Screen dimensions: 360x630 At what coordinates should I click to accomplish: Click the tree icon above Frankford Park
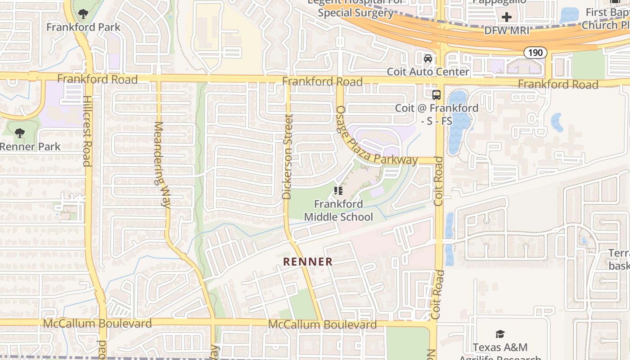pyautogui.click(x=83, y=14)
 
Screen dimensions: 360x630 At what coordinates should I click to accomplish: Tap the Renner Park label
pyautogui.click(x=30, y=147)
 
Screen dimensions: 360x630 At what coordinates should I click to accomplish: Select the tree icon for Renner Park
pyautogui.click(x=19, y=133)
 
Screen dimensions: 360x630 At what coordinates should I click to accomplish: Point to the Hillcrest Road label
pyautogui.click(x=87, y=131)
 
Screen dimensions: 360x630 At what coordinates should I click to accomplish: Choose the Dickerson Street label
pyautogui.click(x=287, y=157)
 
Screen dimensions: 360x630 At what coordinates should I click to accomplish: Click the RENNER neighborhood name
pyautogui.click(x=308, y=261)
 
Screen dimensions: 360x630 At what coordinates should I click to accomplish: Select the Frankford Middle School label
pyautogui.click(x=338, y=211)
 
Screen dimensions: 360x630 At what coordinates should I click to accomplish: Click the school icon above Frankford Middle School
pyautogui.click(x=338, y=191)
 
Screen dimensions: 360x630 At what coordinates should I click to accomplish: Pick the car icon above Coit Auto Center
pyautogui.click(x=428, y=58)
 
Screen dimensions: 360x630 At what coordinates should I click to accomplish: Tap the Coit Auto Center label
pyautogui.click(x=428, y=72)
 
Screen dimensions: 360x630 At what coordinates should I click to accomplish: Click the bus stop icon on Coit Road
pyautogui.click(x=436, y=95)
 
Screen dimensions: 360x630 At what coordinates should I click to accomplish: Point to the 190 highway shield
pyautogui.click(x=535, y=53)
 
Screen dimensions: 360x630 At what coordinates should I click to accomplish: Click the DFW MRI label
pyautogui.click(x=507, y=31)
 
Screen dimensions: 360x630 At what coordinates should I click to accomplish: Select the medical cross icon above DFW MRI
pyautogui.click(x=507, y=18)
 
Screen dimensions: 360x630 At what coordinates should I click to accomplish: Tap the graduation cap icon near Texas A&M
pyautogui.click(x=500, y=334)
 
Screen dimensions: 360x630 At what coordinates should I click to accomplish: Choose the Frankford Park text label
pyautogui.click(x=83, y=27)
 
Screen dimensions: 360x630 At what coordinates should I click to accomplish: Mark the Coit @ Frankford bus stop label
pyautogui.click(x=436, y=114)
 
